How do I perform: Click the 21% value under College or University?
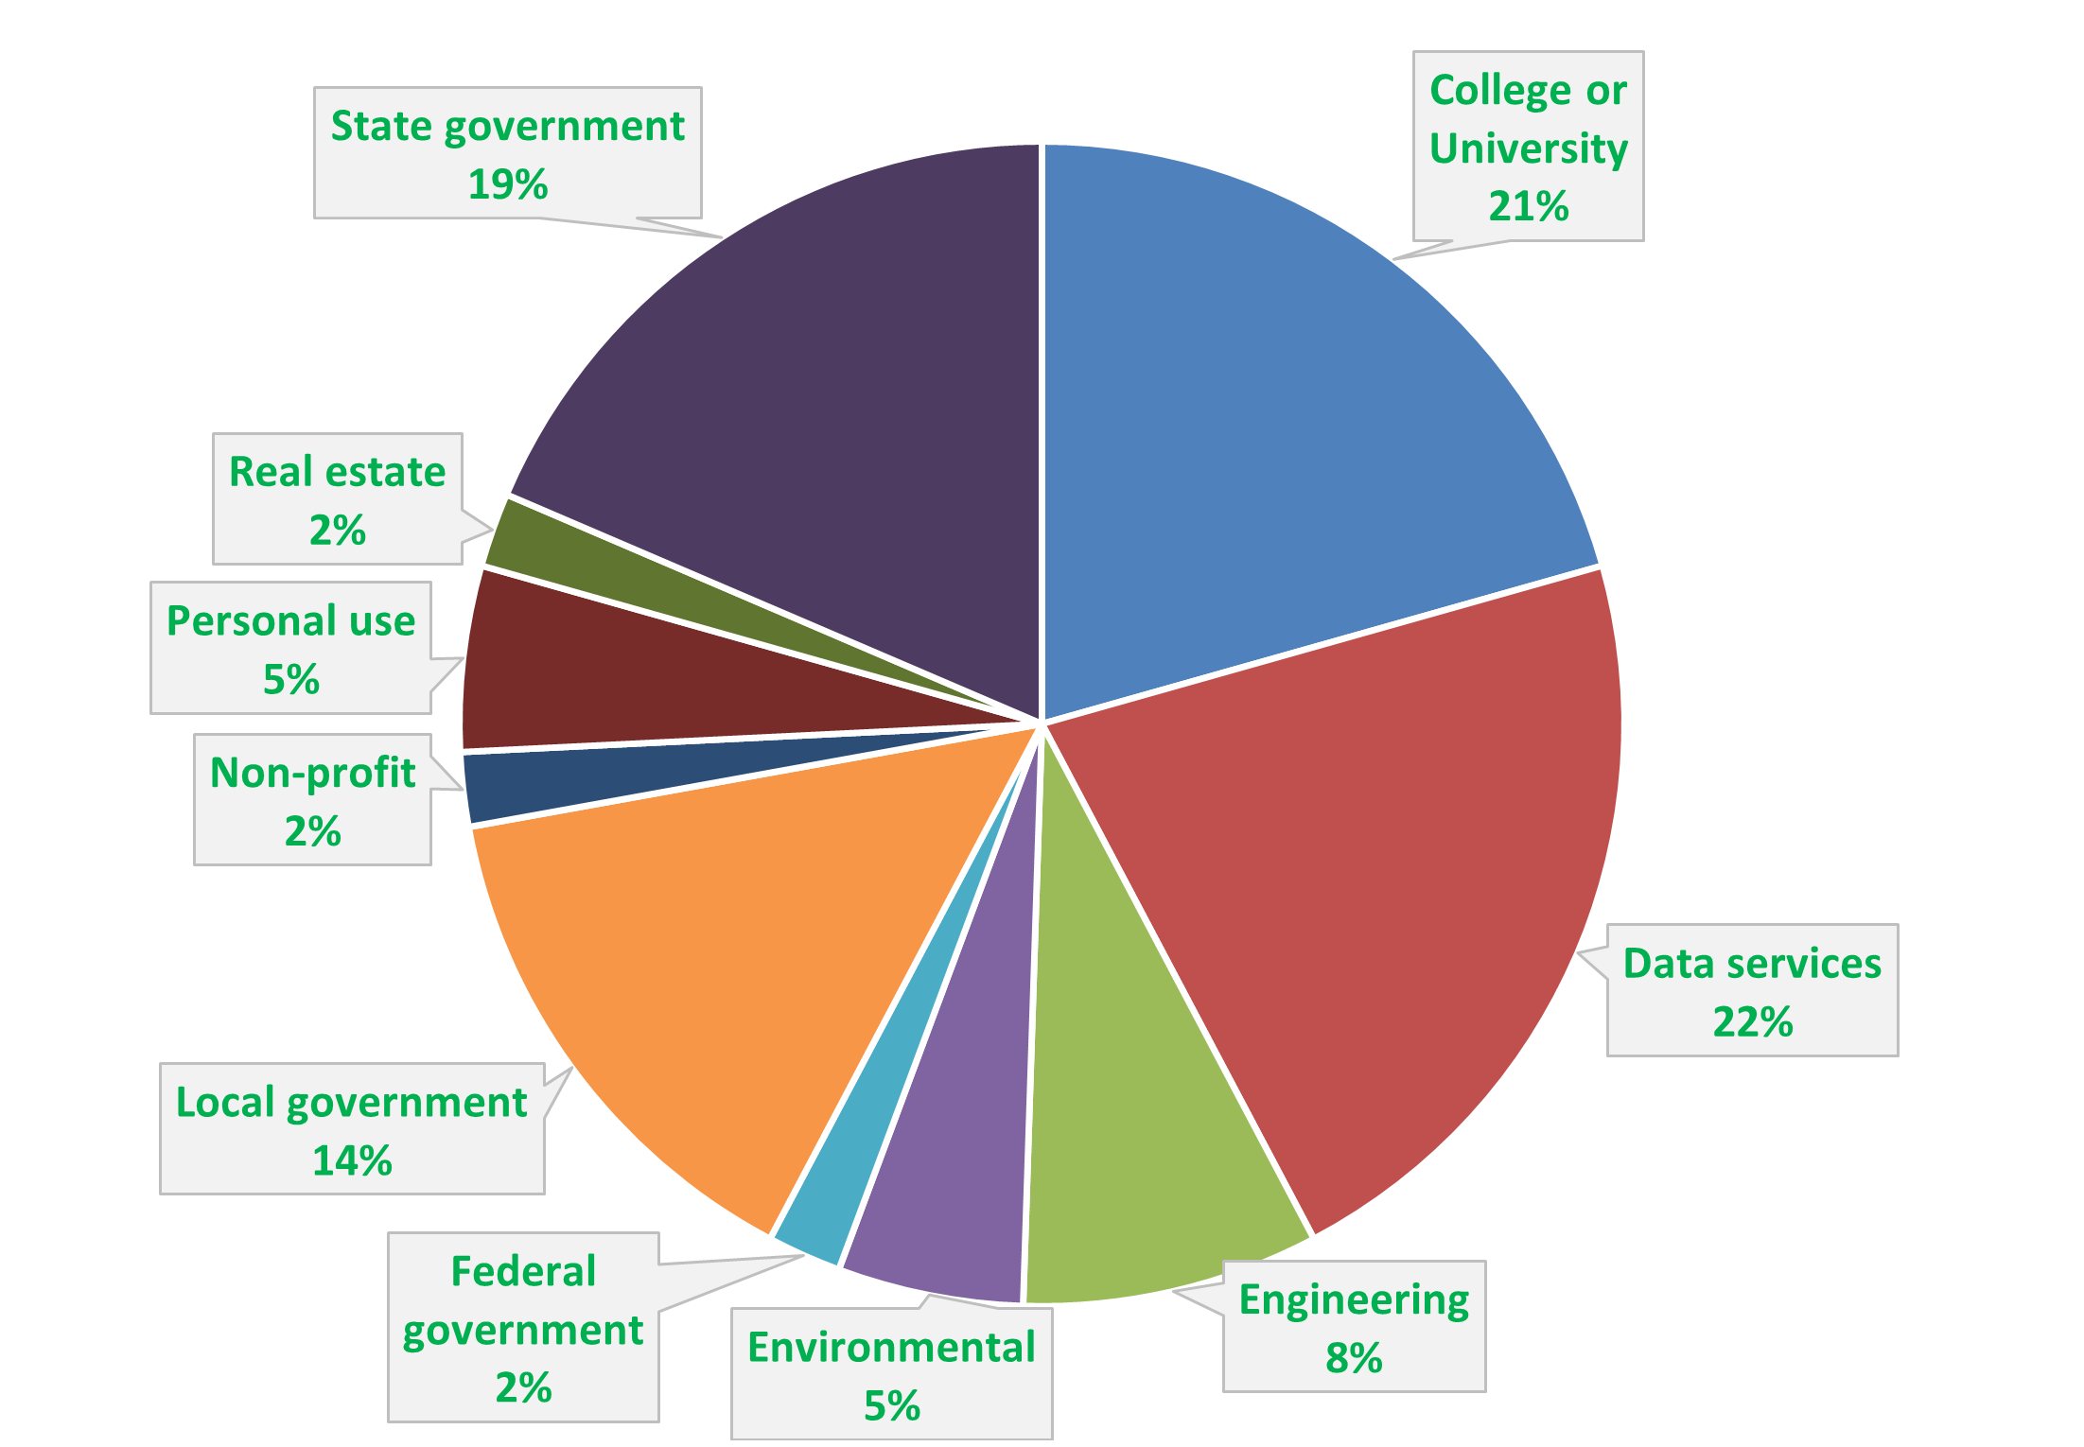coord(1528,206)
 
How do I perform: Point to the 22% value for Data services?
coord(1752,1021)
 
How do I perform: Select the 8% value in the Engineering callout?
coord(1354,1358)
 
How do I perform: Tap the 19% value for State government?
coord(508,184)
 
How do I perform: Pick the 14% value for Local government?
coord(352,1160)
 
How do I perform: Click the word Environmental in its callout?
coord(891,1348)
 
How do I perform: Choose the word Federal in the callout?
coord(523,1271)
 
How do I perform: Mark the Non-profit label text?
coord(312,773)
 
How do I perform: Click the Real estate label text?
coord(337,472)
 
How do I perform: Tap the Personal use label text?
coord(290,621)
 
